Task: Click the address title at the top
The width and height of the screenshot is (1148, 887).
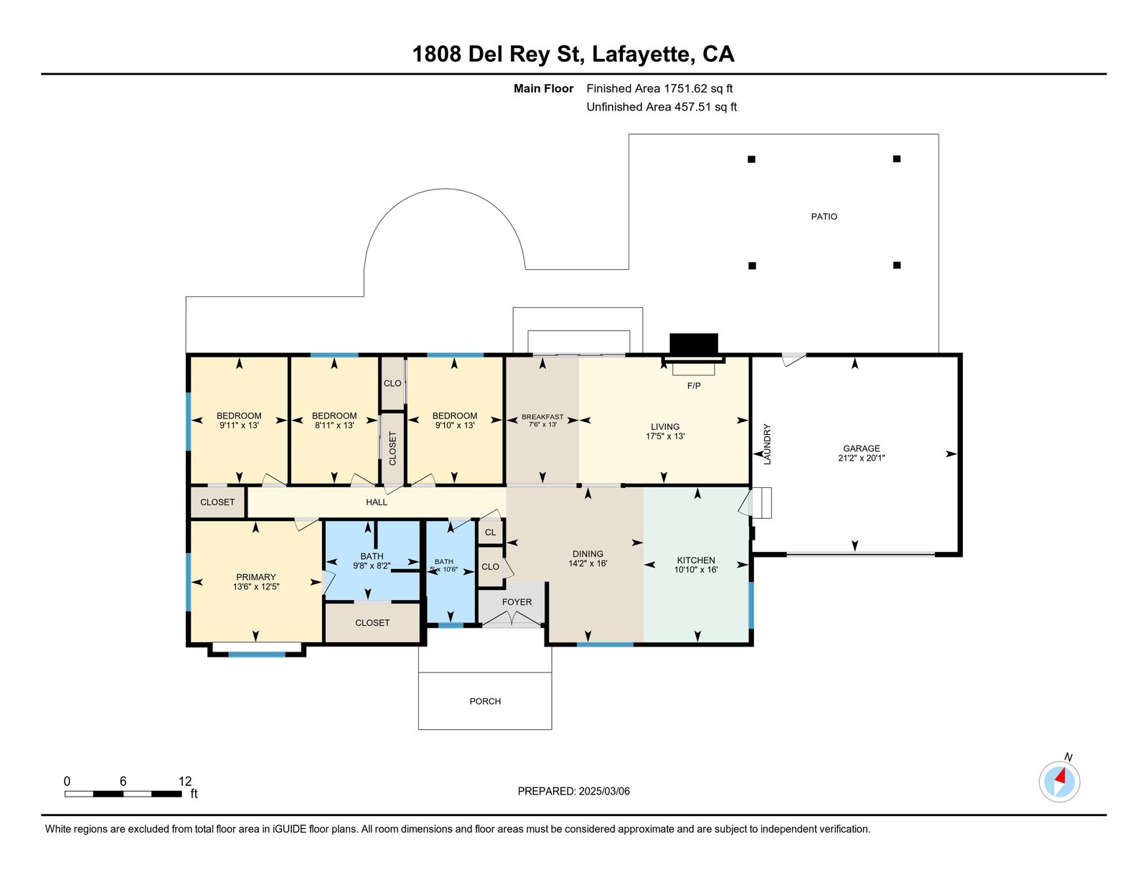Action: click(x=573, y=55)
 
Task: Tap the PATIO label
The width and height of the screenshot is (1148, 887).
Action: click(x=824, y=217)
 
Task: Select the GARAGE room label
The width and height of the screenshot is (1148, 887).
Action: click(x=861, y=449)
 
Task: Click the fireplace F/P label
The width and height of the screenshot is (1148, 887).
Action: click(x=694, y=386)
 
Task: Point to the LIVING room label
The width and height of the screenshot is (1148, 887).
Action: click(x=665, y=426)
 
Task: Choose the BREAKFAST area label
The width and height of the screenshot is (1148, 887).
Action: click(x=542, y=417)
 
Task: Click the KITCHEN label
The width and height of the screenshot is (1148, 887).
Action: click(x=696, y=560)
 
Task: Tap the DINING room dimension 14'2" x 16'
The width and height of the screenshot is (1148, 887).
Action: click(x=588, y=564)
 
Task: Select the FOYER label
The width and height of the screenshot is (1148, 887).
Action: click(x=517, y=602)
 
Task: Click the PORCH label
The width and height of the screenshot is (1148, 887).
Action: click(x=485, y=701)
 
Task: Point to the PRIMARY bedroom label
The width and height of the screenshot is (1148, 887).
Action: click(x=256, y=577)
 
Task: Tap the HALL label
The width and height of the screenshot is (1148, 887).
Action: click(x=377, y=502)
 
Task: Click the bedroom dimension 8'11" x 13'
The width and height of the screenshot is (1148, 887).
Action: click(x=334, y=426)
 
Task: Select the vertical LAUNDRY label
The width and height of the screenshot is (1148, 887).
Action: click(x=767, y=444)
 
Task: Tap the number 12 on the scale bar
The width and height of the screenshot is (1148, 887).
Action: click(x=185, y=782)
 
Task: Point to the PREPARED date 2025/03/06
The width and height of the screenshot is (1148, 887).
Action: click(x=574, y=791)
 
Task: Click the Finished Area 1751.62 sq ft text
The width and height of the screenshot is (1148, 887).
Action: click(x=659, y=89)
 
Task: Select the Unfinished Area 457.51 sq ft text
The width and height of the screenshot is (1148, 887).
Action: click(x=662, y=107)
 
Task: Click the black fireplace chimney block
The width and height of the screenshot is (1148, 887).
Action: click(x=693, y=344)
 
